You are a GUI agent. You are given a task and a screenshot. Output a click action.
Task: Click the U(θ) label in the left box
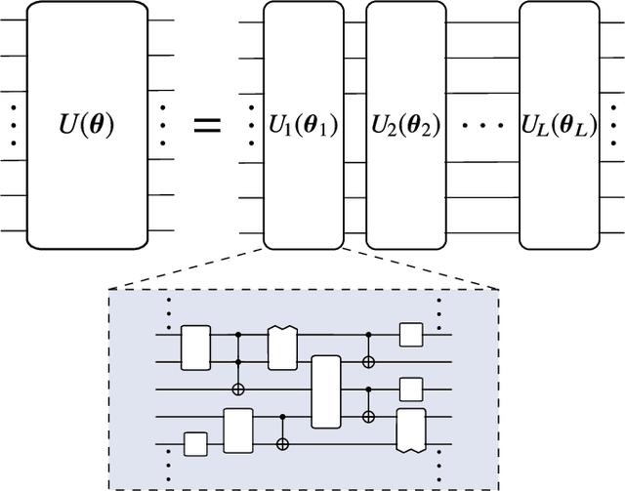point(88,126)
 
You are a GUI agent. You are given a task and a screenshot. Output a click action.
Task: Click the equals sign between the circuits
point(205,126)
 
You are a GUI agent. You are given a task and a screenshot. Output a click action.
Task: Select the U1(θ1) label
point(304,126)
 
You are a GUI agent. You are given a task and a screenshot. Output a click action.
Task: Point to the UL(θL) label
point(557,126)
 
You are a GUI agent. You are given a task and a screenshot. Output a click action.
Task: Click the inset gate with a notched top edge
point(282,348)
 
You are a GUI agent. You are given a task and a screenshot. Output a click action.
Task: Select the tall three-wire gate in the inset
point(325,391)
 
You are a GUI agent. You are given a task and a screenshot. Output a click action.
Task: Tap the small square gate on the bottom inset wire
point(196,444)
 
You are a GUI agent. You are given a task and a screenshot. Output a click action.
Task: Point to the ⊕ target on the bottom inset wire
point(283,444)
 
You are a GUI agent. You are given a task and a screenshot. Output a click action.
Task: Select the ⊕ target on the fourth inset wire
point(368,417)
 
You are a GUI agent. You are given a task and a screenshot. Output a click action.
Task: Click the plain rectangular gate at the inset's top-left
point(196,348)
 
